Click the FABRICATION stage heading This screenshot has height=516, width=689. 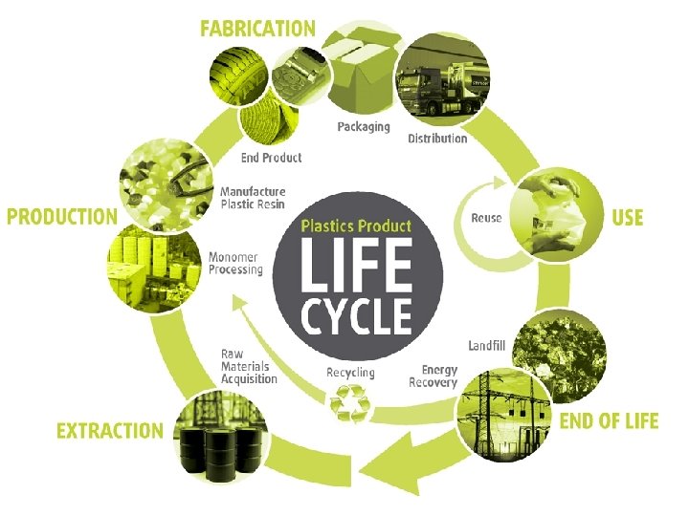(x=257, y=28)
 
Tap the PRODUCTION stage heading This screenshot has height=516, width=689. (x=62, y=217)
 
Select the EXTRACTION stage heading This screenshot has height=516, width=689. (x=110, y=431)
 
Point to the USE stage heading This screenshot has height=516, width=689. (x=628, y=217)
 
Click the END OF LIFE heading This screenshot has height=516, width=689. (x=609, y=420)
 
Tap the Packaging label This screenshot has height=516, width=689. (x=363, y=126)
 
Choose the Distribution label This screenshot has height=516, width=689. (x=437, y=139)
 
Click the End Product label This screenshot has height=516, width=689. (x=271, y=157)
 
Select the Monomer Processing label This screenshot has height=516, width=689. (x=235, y=263)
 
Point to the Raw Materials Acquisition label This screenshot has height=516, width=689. (x=249, y=366)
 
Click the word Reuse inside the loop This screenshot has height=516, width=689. (x=486, y=218)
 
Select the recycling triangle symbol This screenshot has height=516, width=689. (x=349, y=402)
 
